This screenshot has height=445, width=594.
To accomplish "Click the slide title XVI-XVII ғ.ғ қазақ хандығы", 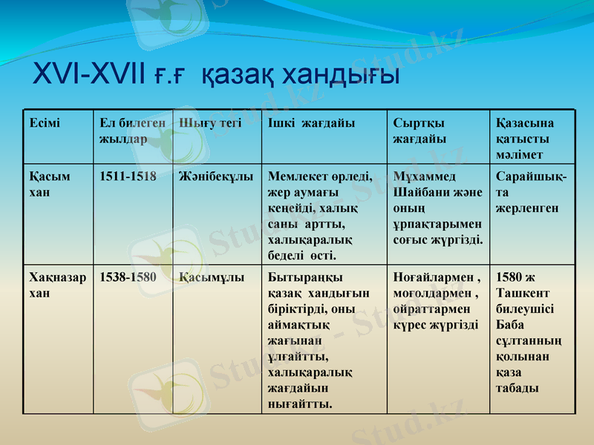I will click(x=216, y=75).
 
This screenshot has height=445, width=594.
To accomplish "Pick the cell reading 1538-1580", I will click(x=128, y=278).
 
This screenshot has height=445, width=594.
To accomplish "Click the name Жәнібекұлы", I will click(x=216, y=177).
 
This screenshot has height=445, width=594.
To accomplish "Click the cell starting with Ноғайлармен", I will click(x=437, y=301).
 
